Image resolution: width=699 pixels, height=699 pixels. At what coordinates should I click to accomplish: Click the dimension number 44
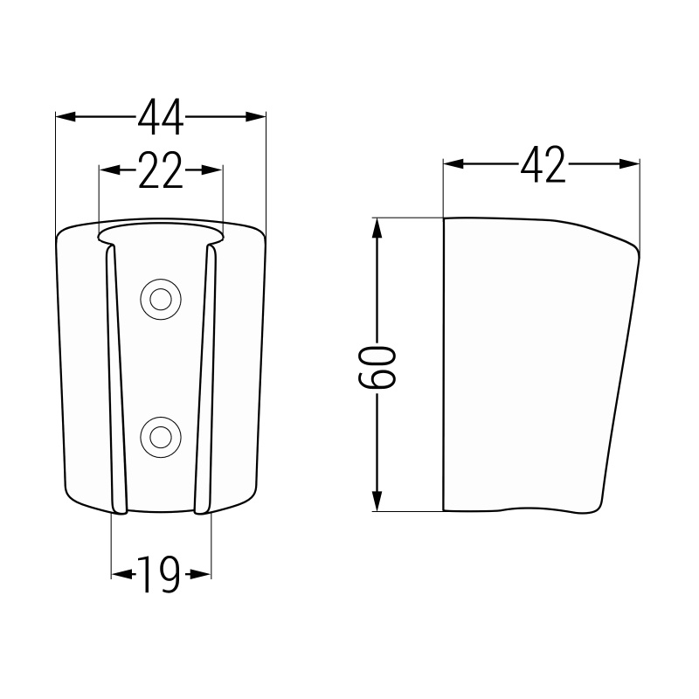click(x=161, y=117)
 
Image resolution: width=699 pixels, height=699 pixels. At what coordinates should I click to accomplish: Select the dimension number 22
click(x=161, y=170)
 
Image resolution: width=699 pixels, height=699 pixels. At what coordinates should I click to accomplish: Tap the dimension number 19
click(x=159, y=575)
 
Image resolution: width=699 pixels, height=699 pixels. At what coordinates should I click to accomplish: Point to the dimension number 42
click(x=543, y=164)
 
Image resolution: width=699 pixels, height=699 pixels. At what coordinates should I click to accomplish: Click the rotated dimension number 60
click(x=377, y=367)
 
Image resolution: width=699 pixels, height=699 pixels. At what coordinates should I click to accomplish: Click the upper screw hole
click(x=161, y=299)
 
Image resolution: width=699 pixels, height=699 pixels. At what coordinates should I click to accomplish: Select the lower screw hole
click(x=161, y=438)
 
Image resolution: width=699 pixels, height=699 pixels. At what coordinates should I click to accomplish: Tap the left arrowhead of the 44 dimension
click(x=66, y=117)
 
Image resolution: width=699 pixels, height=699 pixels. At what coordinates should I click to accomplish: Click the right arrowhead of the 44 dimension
click(x=256, y=117)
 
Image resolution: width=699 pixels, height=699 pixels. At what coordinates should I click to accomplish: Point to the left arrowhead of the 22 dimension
click(x=109, y=170)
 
